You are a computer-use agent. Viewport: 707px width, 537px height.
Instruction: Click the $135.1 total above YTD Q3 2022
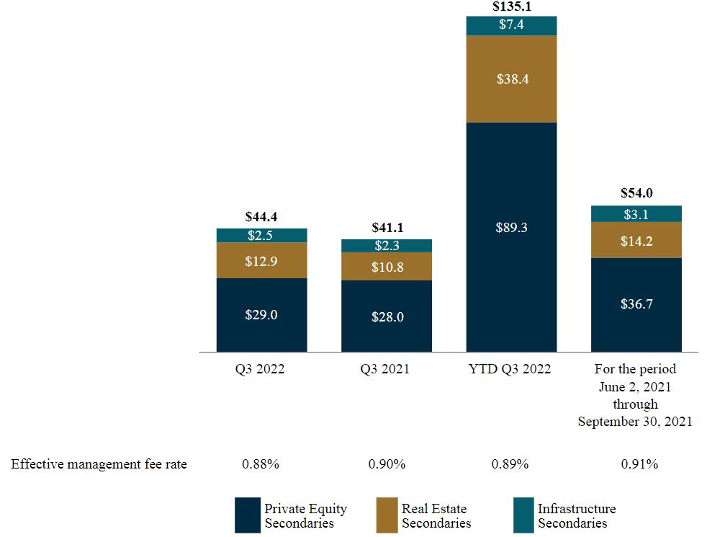tap(511, 7)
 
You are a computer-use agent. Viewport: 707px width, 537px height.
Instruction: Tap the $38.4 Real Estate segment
tap(511, 79)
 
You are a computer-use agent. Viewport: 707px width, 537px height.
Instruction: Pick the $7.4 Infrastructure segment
tap(511, 25)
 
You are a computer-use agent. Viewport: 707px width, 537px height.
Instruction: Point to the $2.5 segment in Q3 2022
tap(261, 236)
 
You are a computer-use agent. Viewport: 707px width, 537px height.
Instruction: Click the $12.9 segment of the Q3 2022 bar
tap(261, 260)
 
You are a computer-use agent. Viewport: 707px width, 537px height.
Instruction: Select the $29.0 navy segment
tap(261, 315)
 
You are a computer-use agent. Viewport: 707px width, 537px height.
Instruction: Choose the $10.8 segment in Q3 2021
tap(387, 267)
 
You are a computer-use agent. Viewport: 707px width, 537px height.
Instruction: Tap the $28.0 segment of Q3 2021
tap(387, 316)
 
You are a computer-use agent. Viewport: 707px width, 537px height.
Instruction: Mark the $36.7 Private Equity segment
tap(636, 304)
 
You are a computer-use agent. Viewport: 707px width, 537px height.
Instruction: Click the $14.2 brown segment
tap(636, 241)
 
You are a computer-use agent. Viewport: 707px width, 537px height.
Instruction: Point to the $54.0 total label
tap(636, 193)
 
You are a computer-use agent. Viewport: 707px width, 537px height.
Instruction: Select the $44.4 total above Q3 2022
tap(261, 216)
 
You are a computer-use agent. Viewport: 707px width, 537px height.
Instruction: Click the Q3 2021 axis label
tap(387, 369)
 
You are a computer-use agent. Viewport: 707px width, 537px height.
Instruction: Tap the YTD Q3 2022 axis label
tap(511, 369)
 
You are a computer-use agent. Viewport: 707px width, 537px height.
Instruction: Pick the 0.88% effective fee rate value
tap(261, 464)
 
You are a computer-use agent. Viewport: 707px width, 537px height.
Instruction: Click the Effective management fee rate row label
tap(99, 464)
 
